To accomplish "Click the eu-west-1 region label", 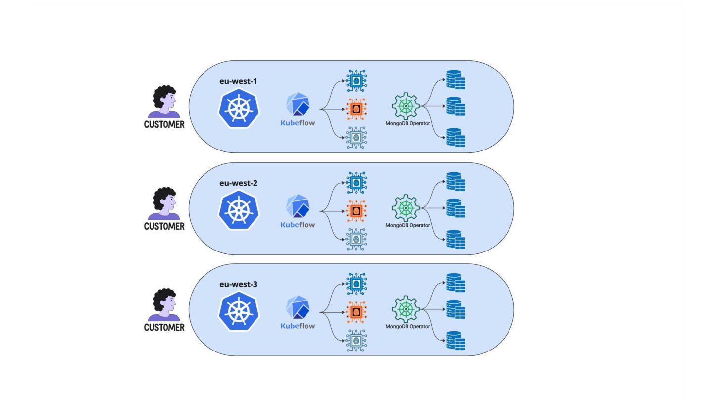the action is click(238, 81).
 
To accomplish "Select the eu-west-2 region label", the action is click(239, 183).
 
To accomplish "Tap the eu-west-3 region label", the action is click(239, 284).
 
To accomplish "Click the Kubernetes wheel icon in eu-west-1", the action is click(239, 108).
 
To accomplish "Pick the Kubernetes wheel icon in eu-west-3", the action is click(239, 311).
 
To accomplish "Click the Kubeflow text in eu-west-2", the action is click(298, 225).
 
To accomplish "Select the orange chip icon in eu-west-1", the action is click(356, 109).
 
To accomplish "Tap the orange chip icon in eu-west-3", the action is click(356, 312).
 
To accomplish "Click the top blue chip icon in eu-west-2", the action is click(356, 183).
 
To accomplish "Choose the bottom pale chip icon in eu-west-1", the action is click(356, 138).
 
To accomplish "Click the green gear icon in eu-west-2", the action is click(406, 208).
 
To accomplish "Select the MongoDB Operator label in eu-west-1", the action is click(407, 123).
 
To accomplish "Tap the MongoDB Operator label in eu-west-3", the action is click(407, 326).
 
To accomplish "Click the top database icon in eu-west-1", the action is click(456, 80).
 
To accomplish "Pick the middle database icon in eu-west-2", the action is click(456, 208).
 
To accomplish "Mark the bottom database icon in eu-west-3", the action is click(456, 341).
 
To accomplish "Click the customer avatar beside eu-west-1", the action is click(164, 101).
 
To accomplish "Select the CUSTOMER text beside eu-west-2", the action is click(164, 226).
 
